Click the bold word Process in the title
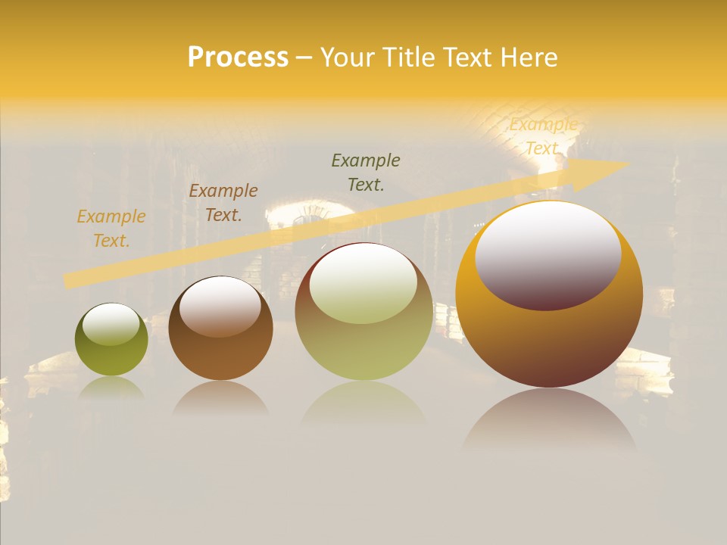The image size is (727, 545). pyautogui.click(x=238, y=58)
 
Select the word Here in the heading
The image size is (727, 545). pyautogui.click(x=529, y=58)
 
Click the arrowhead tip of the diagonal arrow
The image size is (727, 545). pyautogui.click(x=629, y=163)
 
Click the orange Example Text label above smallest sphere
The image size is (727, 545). pyautogui.click(x=111, y=229)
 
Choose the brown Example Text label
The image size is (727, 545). pyautogui.click(x=223, y=203)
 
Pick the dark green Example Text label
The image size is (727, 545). pyautogui.click(x=366, y=172)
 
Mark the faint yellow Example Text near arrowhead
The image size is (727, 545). pyautogui.click(x=543, y=136)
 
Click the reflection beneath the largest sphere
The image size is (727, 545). pyautogui.click(x=549, y=420)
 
